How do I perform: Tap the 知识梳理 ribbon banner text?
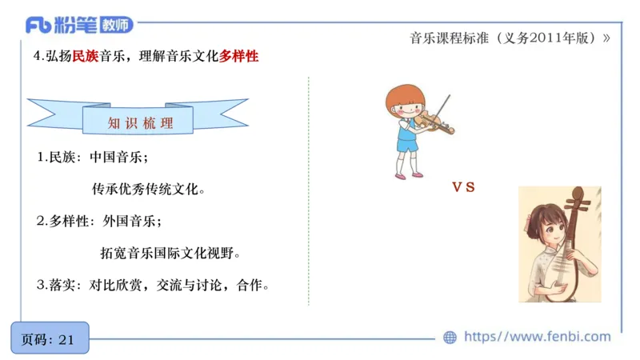coord(140,124)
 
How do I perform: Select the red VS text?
coord(463,187)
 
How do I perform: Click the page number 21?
coord(66,339)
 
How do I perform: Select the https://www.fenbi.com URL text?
coord(537,337)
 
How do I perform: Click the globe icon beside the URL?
coord(450,338)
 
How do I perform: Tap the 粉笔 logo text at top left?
coord(75,26)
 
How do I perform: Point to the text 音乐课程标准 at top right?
coord(445,38)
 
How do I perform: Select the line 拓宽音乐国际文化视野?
coord(170,253)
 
